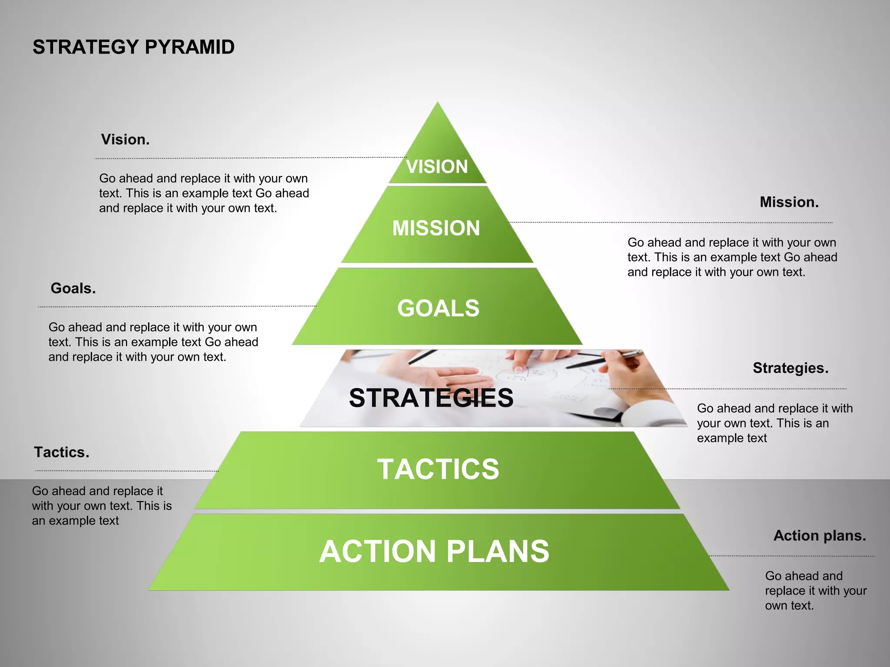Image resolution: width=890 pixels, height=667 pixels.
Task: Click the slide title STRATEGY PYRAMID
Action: [x=133, y=47]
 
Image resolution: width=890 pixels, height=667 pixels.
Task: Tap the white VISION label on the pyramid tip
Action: [x=437, y=166]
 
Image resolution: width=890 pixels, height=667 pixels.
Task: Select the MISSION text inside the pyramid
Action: [x=436, y=228]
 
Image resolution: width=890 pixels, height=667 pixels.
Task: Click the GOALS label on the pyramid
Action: [x=438, y=308]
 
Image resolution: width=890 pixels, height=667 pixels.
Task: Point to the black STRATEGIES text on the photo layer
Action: [x=431, y=398]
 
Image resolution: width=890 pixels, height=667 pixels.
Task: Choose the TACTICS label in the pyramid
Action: [x=438, y=469]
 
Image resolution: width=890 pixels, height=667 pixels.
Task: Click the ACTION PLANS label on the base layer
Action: [x=434, y=551]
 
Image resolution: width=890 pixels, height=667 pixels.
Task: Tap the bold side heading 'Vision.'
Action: [x=125, y=139]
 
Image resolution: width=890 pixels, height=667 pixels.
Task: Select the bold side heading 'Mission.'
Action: [x=789, y=202]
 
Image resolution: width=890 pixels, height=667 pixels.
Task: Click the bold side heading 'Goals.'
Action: [x=73, y=288]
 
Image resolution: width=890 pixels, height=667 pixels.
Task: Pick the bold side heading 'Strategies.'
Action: [x=790, y=368]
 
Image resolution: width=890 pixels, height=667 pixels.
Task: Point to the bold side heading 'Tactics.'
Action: [x=62, y=452]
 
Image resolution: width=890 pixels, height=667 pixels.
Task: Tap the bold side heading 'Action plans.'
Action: [x=820, y=535]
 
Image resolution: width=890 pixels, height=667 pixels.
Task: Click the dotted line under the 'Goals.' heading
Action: [x=174, y=307]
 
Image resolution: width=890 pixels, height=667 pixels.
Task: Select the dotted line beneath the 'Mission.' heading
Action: [x=669, y=222]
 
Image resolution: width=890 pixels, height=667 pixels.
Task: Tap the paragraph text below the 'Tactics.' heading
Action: [x=101, y=505]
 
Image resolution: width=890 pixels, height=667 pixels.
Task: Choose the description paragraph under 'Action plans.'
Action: [x=815, y=591]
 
